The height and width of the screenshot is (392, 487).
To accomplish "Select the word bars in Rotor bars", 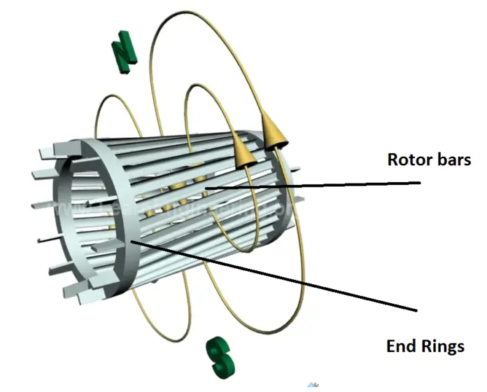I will pos(453,159).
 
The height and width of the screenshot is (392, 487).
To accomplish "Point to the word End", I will pos(401,346).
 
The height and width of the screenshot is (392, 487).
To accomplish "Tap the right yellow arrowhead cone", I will pos(273,131).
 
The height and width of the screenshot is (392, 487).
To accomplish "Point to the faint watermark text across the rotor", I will pos(175,208).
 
